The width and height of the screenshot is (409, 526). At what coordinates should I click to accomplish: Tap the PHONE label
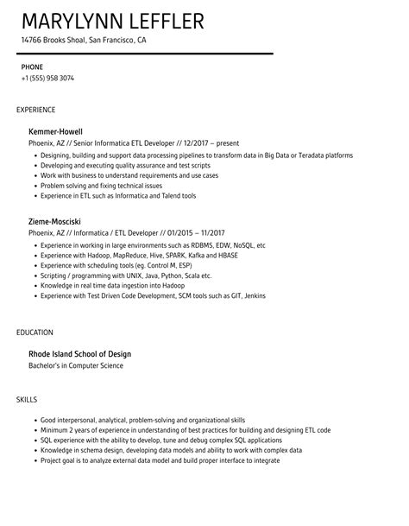click(x=33, y=66)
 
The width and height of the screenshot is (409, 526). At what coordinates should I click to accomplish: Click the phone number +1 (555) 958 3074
click(x=47, y=78)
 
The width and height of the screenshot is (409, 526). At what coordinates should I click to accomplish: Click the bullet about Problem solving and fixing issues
click(x=101, y=185)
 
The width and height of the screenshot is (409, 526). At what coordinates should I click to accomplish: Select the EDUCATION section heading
click(x=35, y=333)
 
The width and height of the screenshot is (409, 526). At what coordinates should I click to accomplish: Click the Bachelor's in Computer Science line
click(x=76, y=365)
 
